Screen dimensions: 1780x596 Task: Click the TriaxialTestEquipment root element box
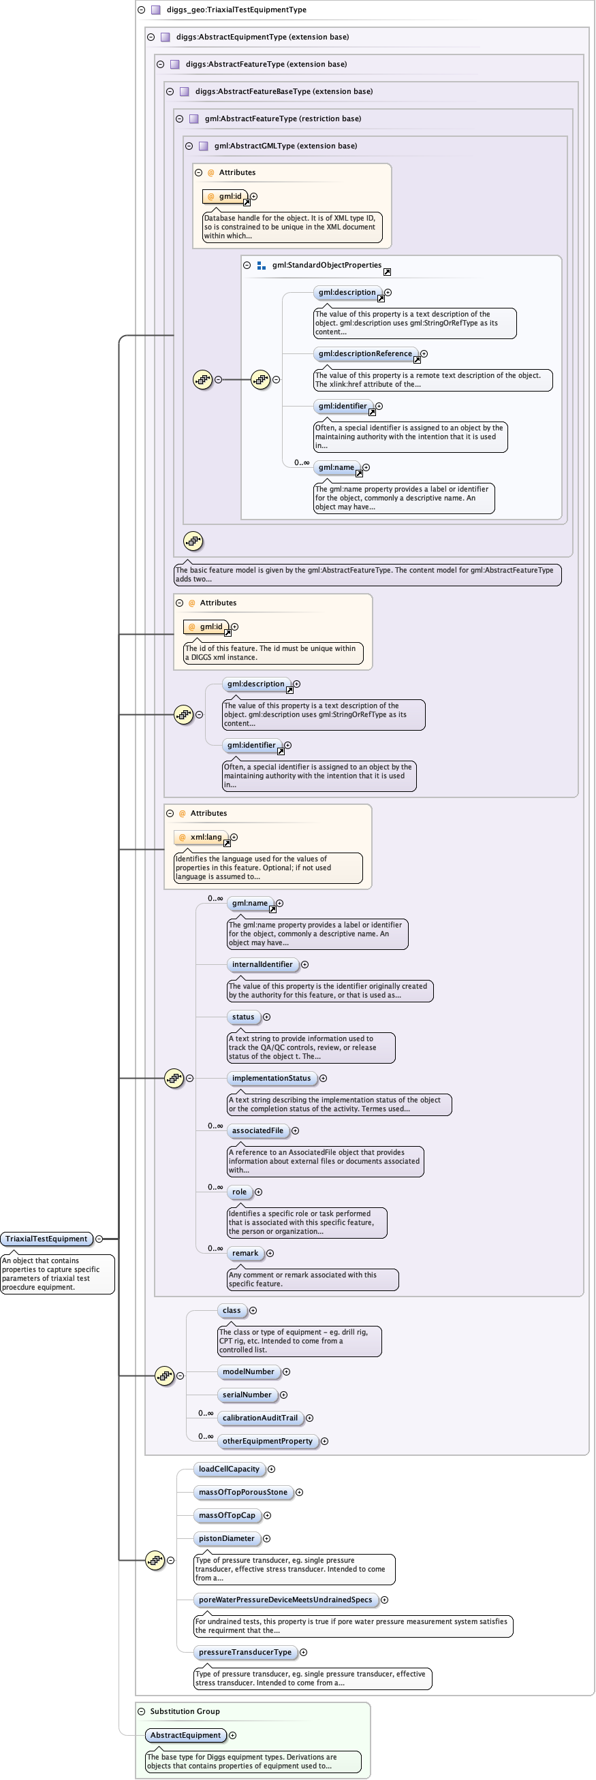(x=47, y=1239)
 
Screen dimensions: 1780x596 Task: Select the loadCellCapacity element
(x=229, y=1469)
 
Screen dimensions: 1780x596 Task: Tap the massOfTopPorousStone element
(x=242, y=1492)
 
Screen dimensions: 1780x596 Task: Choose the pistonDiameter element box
(x=226, y=1538)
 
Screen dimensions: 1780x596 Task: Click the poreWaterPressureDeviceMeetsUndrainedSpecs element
(x=285, y=1600)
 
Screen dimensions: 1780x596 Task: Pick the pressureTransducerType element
(x=245, y=1652)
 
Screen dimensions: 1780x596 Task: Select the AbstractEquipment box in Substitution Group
(x=185, y=1735)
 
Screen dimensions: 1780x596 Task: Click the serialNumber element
(x=247, y=1395)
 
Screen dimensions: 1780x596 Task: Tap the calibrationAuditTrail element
(x=260, y=1418)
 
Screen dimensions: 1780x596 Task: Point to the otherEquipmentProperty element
(x=267, y=1441)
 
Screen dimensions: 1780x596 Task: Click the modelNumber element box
(x=248, y=1371)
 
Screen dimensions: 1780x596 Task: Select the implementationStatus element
(x=271, y=1078)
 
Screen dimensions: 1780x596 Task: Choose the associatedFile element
(x=257, y=1130)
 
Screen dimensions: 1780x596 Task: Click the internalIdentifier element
(x=262, y=964)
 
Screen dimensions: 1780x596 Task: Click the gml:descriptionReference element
(x=365, y=354)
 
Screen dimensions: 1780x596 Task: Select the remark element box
(x=245, y=1253)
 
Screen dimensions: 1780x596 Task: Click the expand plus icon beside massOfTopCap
(x=268, y=1515)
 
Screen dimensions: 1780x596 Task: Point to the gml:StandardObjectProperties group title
(x=326, y=266)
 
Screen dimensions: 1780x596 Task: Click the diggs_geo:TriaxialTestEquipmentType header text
(x=236, y=10)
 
